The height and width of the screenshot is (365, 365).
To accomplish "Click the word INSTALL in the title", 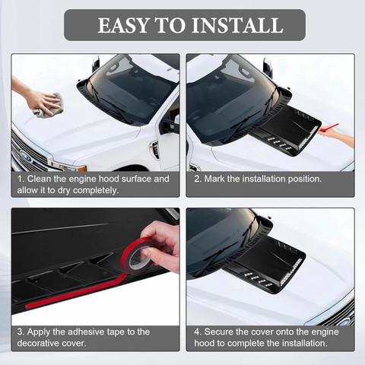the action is click(237, 25).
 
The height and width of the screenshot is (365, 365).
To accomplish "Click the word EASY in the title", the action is click(123, 25).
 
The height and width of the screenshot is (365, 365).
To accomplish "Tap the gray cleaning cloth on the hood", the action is click(49, 106).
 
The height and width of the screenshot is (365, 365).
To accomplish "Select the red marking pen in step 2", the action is click(328, 127).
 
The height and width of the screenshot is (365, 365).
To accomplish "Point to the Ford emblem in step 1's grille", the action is click(26, 155).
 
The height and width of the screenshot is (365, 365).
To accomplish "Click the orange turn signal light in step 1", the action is click(81, 169).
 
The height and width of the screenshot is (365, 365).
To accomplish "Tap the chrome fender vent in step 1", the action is click(154, 150).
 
